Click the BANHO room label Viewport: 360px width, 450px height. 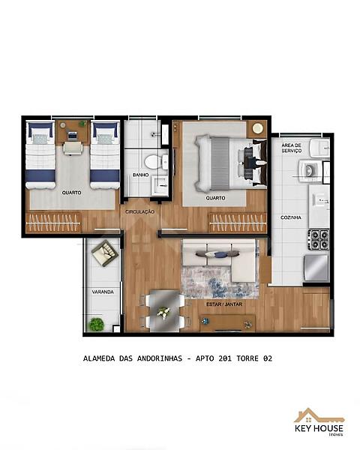[x=141, y=175]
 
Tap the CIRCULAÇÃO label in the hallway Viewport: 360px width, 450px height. [x=139, y=211]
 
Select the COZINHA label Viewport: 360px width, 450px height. [x=291, y=217]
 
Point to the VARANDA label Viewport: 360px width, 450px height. [x=103, y=292]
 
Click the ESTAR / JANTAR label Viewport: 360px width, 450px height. [x=224, y=304]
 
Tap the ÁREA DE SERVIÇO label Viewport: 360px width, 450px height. [x=292, y=148]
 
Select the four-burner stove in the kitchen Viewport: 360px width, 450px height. [x=319, y=239]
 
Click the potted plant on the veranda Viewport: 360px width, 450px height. [x=96, y=324]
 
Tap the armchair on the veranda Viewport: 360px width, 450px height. [x=105, y=253]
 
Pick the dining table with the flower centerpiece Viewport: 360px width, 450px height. [x=164, y=310]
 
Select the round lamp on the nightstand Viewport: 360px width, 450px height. [x=257, y=128]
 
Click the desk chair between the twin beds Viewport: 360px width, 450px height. [x=72, y=148]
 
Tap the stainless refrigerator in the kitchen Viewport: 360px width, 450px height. [x=316, y=268]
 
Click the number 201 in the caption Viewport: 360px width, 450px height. [x=225, y=358]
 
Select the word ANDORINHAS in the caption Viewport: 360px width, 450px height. [x=160, y=358]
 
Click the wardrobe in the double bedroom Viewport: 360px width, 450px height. [x=238, y=223]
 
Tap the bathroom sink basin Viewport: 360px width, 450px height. [x=160, y=185]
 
